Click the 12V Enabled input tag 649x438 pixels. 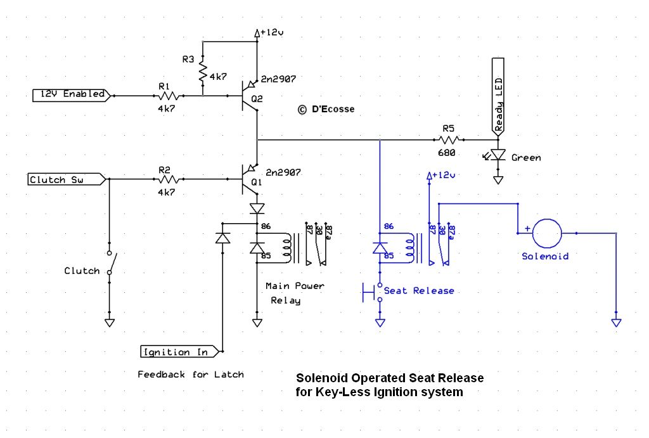click(x=72, y=94)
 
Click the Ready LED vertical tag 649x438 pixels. click(x=499, y=96)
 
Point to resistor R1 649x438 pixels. click(x=168, y=96)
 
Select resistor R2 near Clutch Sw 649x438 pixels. click(x=168, y=180)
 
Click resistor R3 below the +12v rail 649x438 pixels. click(x=203, y=71)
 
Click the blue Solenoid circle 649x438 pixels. click(x=546, y=233)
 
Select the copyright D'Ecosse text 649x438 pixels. click(x=326, y=109)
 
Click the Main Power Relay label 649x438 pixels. click(x=294, y=293)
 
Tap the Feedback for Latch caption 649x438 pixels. click(x=190, y=375)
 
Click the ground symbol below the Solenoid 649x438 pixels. click(x=616, y=323)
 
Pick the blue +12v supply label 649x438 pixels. click(x=442, y=175)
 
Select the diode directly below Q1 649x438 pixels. click(x=257, y=208)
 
